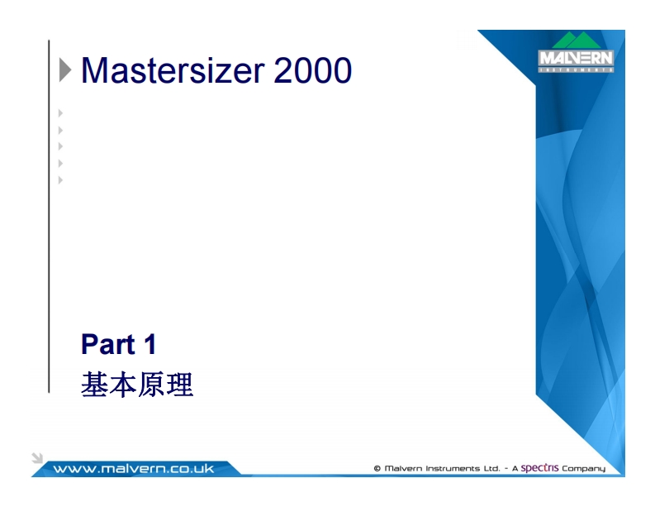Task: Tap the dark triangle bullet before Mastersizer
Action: (65, 71)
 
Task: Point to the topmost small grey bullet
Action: (60, 112)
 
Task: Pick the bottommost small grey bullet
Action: (60, 179)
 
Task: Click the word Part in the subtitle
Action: (107, 344)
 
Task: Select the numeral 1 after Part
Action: (149, 344)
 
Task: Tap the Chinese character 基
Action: (95, 385)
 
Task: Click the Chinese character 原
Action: (152, 385)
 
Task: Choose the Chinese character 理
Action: (180, 385)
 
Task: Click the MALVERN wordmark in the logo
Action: (576, 59)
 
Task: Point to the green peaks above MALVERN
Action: (576, 41)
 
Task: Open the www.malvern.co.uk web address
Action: (133, 469)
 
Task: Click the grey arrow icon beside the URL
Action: (37, 457)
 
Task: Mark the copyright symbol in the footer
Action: (377, 469)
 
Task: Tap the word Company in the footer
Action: (584, 469)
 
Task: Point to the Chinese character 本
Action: (123, 385)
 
